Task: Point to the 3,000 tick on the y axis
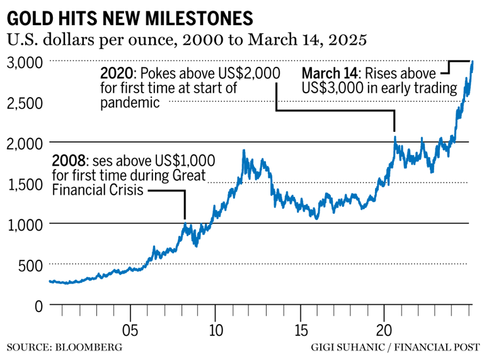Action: point(25,62)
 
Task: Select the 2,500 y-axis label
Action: point(25,103)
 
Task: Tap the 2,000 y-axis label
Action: point(25,143)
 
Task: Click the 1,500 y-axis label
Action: point(25,184)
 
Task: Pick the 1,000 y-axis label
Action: point(25,224)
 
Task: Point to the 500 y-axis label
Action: point(30,265)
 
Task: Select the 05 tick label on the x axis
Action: point(130,330)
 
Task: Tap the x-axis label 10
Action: point(215,330)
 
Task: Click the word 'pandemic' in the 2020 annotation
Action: point(130,103)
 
